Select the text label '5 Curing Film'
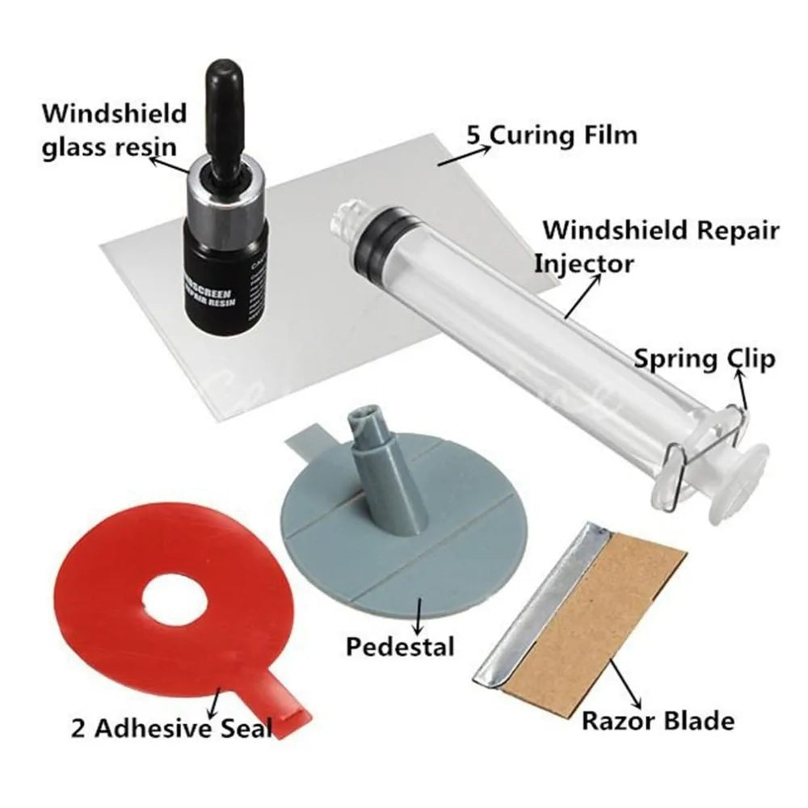[x=550, y=134]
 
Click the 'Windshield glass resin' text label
[x=114, y=130]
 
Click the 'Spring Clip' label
[x=703, y=359]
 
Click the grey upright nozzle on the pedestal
[x=371, y=477]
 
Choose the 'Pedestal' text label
[x=400, y=646]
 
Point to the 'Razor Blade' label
[x=658, y=721]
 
